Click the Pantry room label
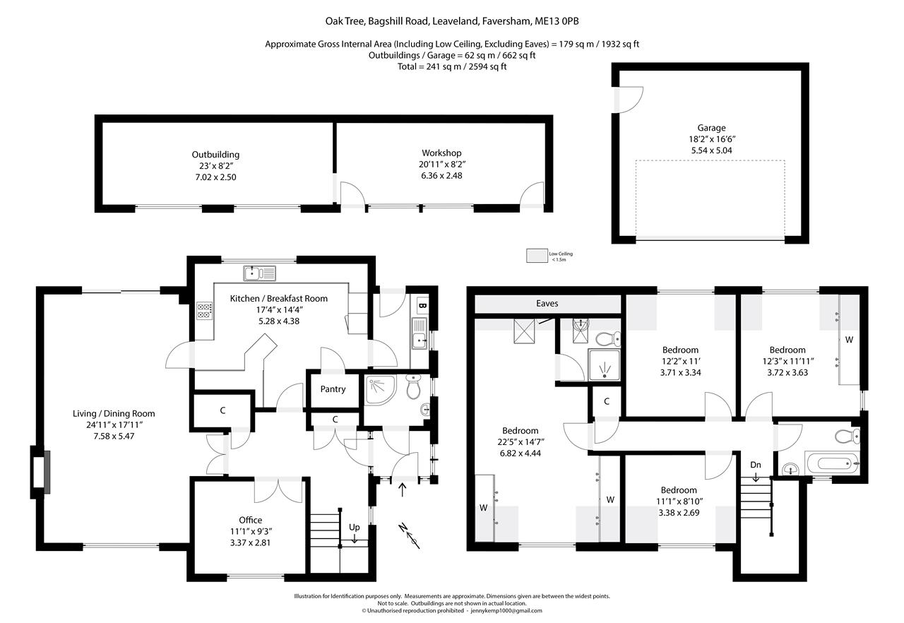[333, 389]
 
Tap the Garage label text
[711, 128]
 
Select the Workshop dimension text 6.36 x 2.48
[441, 175]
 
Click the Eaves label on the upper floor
[547, 304]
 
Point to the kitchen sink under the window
[259, 273]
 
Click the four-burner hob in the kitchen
[204, 310]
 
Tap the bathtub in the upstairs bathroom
[833, 463]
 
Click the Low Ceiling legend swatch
[537, 256]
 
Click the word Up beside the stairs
[354, 527]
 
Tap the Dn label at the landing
[756, 465]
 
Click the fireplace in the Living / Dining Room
[40, 472]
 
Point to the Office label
[250, 520]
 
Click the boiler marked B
[422, 305]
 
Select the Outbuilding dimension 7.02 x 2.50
[215, 177]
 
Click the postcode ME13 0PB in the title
[557, 21]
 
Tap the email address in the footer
[506, 610]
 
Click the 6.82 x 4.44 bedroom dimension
[521, 453]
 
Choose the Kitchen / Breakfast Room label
[279, 299]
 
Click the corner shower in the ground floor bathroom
[380, 389]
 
